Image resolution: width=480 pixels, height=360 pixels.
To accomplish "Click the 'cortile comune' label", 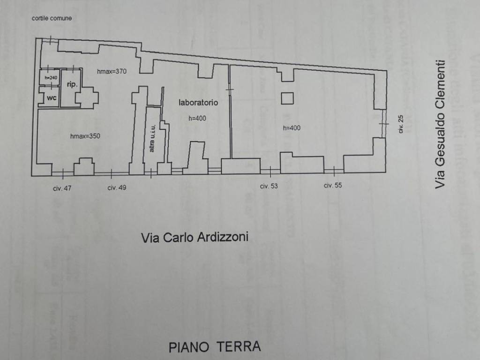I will [x=52, y=18].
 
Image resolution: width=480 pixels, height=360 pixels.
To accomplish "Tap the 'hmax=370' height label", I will [x=112, y=71].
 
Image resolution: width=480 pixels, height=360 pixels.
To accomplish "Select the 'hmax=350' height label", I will [x=85, y=136].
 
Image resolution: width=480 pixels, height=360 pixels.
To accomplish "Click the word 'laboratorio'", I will [x=198, y=102].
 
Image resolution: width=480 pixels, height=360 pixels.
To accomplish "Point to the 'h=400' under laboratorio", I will [x=197, y=119].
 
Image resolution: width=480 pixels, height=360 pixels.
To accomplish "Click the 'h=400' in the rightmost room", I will [x=291, y=128].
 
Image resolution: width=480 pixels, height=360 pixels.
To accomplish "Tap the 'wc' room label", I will [x=51, y=98].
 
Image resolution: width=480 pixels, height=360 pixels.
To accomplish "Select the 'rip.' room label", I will [x=72, y=84].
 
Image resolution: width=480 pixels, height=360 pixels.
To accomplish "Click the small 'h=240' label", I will [x=50, y=77].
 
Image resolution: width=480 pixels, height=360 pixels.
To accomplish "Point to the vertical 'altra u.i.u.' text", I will [x=152, y=138].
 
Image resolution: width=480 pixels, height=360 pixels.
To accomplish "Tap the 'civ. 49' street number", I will [x=117, y=187].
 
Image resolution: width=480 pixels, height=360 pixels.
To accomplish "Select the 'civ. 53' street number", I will [x=269, y=186].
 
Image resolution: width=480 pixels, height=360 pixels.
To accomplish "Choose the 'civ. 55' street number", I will [x=333, y=186].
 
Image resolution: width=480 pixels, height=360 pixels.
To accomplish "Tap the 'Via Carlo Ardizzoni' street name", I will [x=195, y=238].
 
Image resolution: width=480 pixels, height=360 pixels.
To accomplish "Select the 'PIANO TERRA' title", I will [x=215, y=347].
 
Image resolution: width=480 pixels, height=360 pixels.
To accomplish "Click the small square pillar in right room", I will [x=287, y=98].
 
